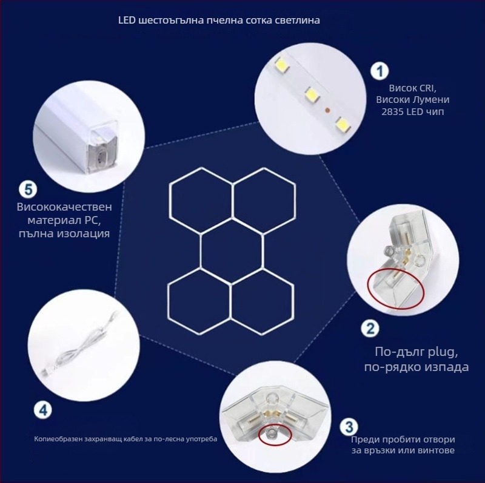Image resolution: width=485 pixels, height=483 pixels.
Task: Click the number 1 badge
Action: coord(380,71)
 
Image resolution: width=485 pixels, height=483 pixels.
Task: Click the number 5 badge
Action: coord(28,189)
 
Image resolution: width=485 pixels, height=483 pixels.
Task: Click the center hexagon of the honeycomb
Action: coord(233,251)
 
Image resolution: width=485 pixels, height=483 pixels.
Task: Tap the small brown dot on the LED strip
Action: coord(327,111)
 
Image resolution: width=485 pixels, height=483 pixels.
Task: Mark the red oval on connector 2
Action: coord(396,284)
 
